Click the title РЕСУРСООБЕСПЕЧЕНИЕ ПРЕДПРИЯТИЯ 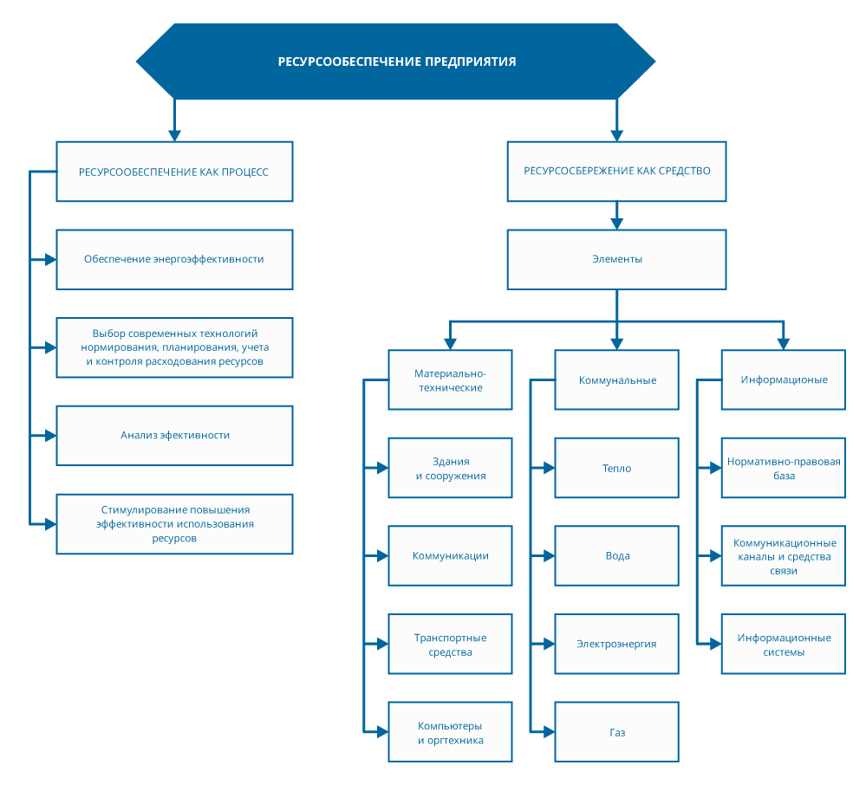396,62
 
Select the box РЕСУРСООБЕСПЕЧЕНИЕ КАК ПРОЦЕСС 174,172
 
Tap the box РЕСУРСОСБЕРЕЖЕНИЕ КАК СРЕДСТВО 617,172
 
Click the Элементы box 617,259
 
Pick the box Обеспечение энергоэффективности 174,259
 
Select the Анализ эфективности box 174,436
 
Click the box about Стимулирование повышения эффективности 174,524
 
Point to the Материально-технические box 450,379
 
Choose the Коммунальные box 617,379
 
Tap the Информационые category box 784,379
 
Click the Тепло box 617,468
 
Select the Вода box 617,556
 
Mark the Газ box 617,732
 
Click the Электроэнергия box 617,645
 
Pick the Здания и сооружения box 450,468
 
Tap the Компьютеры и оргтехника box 450,732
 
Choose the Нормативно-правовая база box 784,468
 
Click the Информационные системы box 784,645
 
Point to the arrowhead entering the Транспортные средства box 382,645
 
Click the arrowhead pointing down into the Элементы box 617,224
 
